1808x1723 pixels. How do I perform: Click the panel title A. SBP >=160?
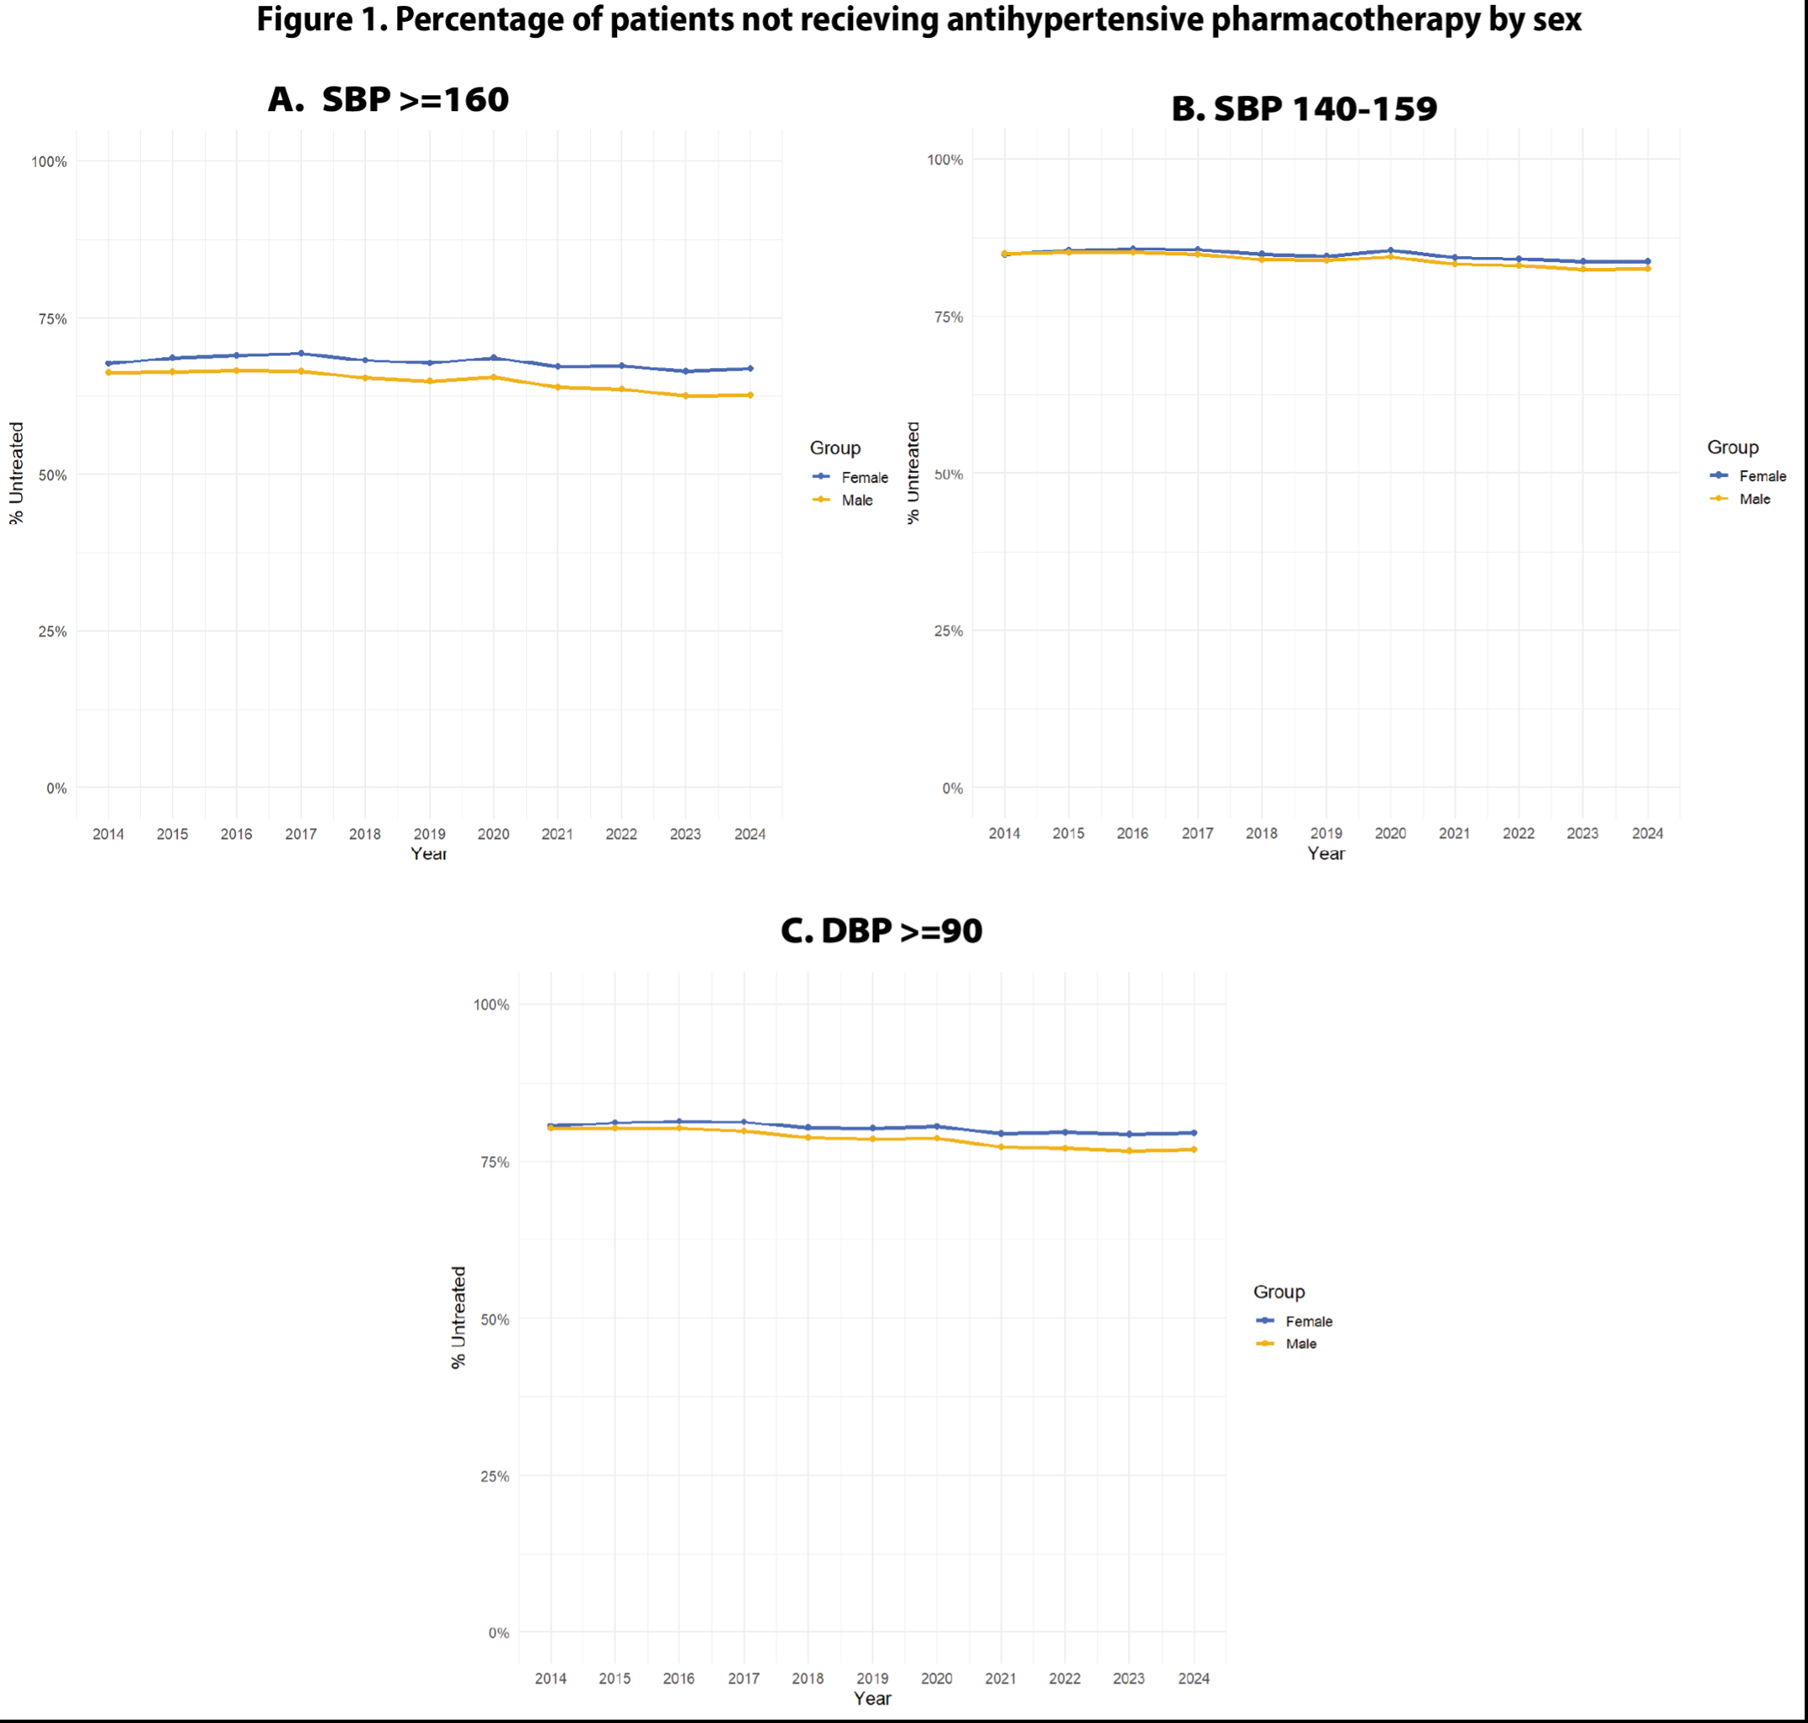point(388,99)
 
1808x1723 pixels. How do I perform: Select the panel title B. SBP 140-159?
point(1304,109)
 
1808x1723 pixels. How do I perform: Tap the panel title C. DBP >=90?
point(881,930)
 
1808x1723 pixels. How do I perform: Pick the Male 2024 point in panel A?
point(750,395)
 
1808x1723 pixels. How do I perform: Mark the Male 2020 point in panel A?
point(493,377)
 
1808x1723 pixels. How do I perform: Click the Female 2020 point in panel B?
point(1390,251)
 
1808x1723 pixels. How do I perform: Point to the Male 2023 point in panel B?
point(1583,269)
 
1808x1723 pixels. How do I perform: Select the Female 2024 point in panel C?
point(1194,1132)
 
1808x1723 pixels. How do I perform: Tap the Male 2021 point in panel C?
point(1001,1148)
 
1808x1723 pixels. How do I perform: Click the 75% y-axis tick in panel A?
point(51,318)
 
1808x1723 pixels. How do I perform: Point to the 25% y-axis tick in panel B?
point(948,631)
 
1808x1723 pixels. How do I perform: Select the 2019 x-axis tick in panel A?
point(429,834)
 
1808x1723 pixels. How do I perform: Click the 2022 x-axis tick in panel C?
point(1065,1678)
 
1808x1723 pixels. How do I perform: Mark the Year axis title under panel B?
point(1326,853)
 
